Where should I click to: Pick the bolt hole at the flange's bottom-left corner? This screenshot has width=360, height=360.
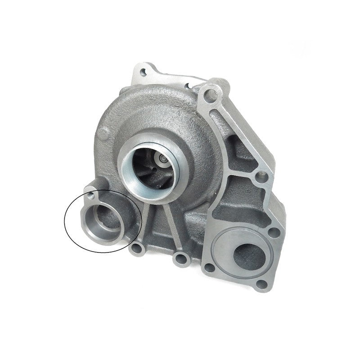[x=209, y=268]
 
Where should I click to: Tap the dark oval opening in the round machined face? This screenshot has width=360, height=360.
[x=247, y=255]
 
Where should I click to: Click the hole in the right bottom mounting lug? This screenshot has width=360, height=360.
[x=181, y=259]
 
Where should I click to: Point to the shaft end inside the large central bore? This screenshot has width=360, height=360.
[x=161, y=159]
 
